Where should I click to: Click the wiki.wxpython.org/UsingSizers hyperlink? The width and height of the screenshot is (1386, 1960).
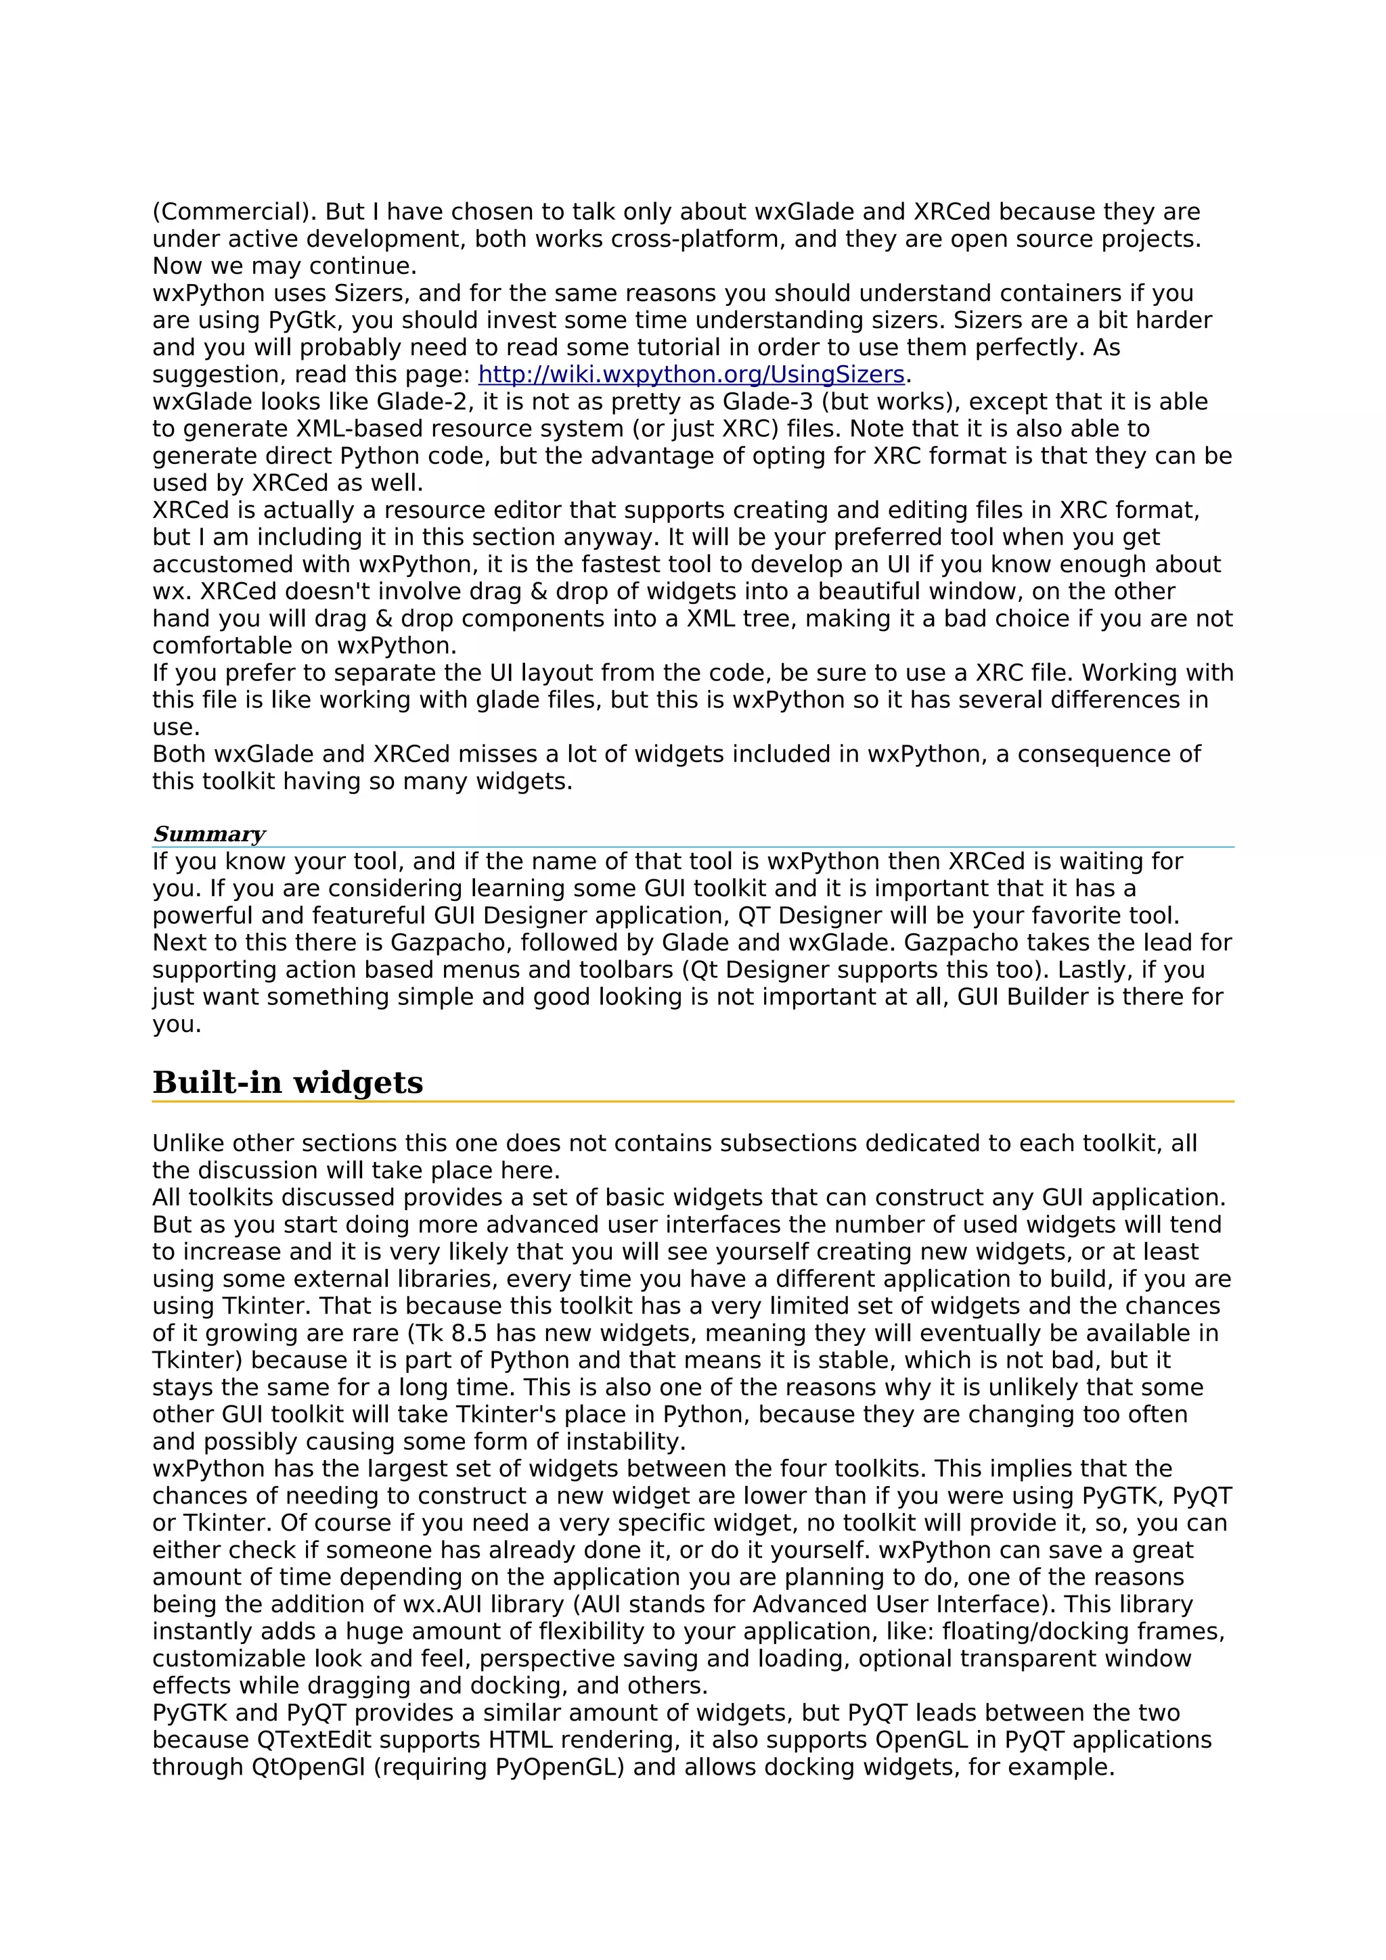(691, 375)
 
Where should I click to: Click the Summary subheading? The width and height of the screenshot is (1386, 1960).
(209, 834)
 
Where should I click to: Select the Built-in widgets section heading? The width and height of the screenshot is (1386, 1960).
(288, 1082)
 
